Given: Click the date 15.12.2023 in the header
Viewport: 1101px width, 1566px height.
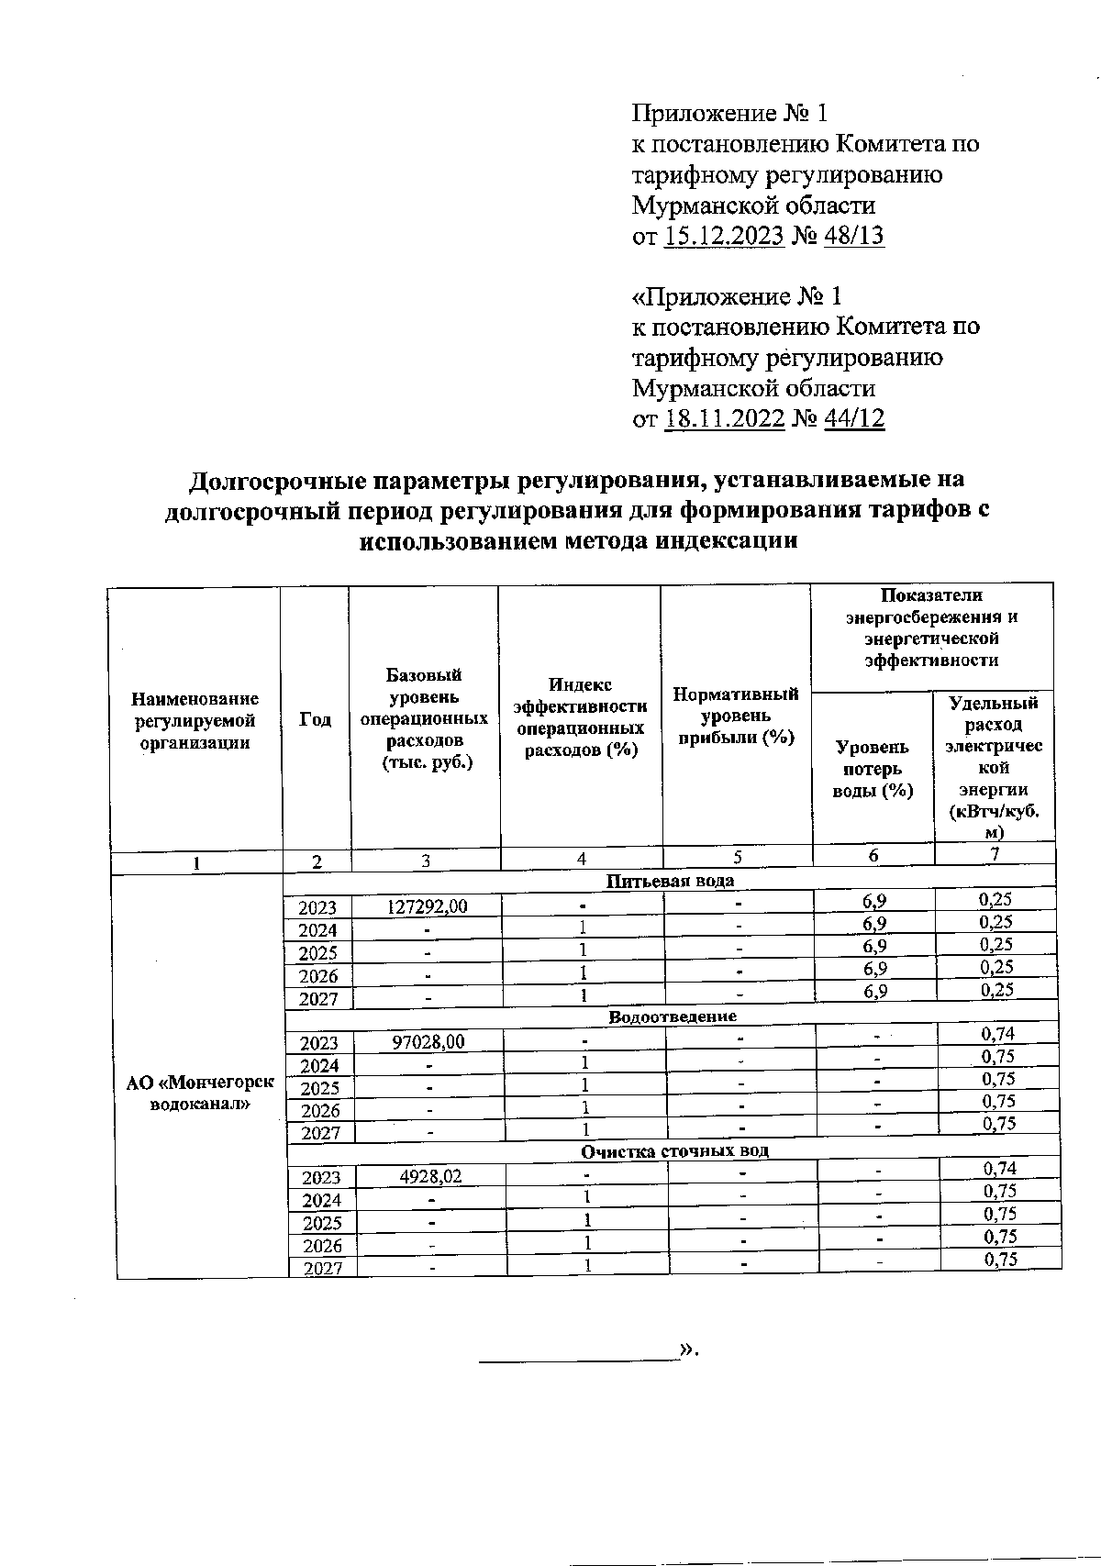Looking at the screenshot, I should tap(724, 236).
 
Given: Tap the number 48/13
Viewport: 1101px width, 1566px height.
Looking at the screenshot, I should tap(854, 236).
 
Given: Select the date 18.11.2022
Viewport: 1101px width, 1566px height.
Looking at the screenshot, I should tap(724, 419).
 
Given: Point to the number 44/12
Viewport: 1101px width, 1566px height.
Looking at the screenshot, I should tap(854, 419).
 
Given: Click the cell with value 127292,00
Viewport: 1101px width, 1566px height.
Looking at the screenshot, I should tap(427, 906).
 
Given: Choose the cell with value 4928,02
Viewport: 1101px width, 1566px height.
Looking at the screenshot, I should tap(431, 1177).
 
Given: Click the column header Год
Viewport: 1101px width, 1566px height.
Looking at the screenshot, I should tap(316, 720).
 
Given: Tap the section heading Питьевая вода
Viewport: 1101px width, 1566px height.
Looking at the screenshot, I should tap(671, 881).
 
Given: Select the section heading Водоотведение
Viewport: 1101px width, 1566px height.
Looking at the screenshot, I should tap(673, 1016).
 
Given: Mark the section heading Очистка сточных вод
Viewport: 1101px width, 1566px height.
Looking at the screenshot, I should tap(674, 1150).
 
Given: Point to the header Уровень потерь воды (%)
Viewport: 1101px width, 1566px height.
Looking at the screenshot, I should tap(873, 769).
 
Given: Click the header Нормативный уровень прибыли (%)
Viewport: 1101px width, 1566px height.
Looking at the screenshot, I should tap(736, 716).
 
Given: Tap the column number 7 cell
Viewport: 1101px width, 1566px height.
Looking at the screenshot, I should tap(995, 854).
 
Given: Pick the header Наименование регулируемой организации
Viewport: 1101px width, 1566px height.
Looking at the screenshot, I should tap(195, 721).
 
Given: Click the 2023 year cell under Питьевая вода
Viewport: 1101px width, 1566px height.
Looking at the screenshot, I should tap(317, 907).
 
